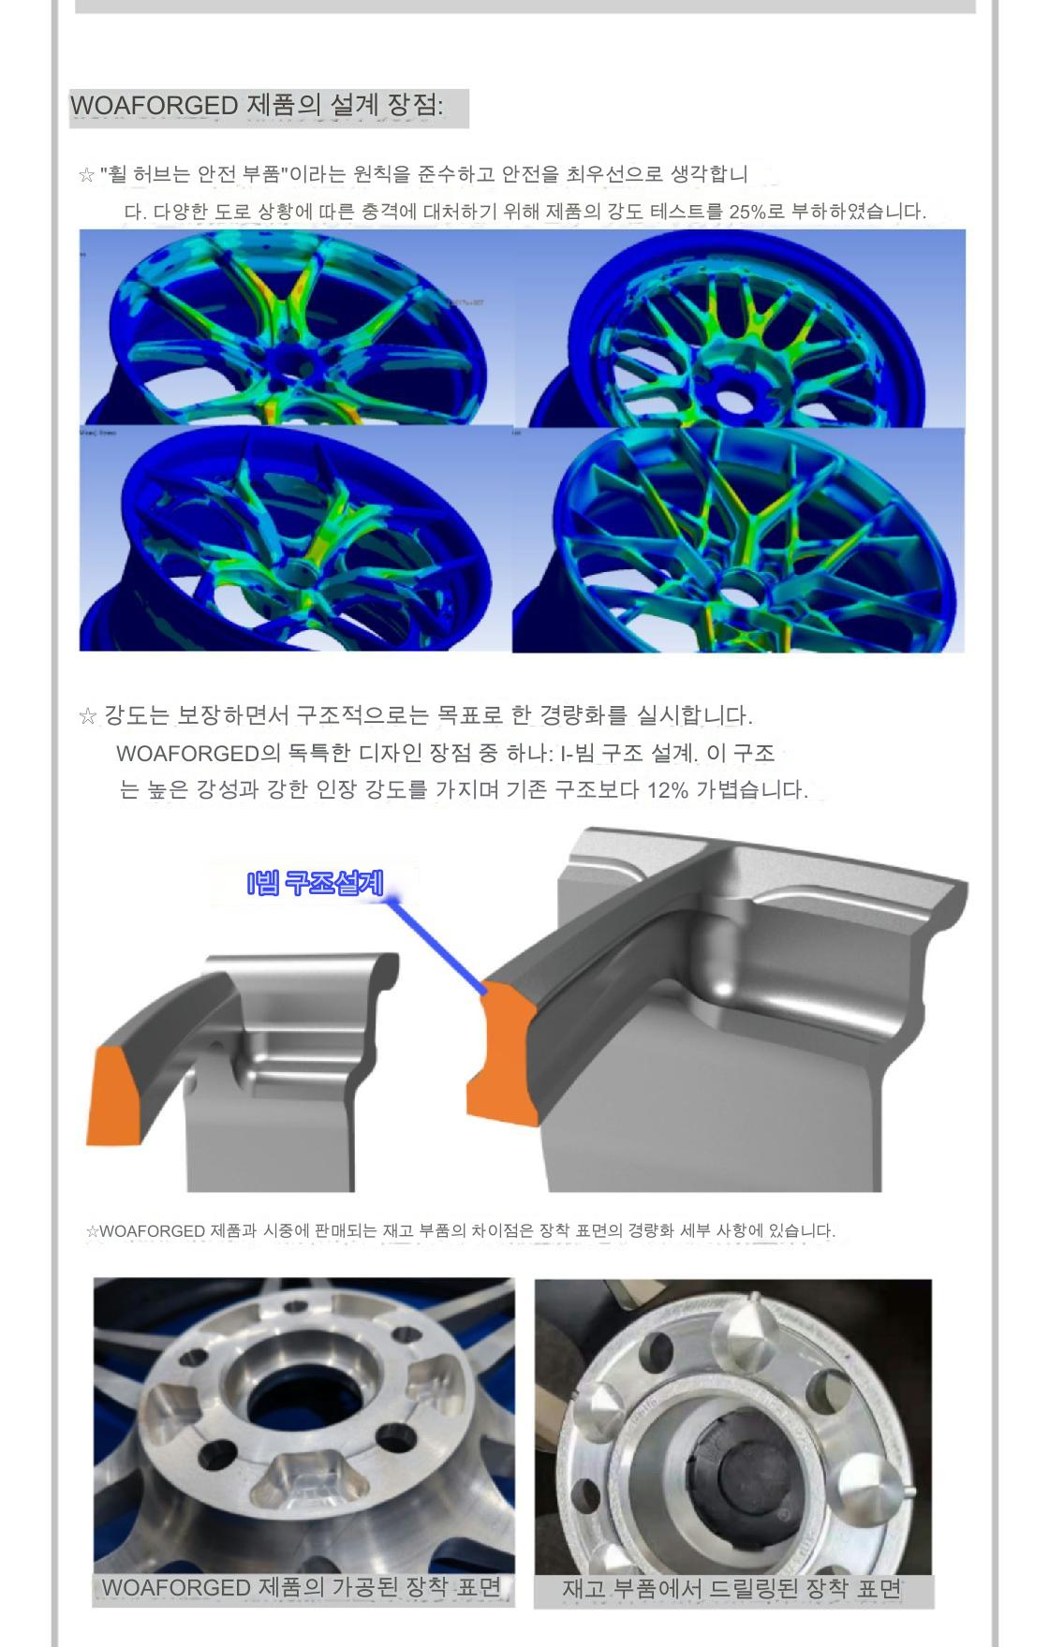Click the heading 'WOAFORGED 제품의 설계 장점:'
(257, 105)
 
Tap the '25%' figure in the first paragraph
(747, 212)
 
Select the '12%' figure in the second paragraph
(667, 789)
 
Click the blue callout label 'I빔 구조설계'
(315, 883)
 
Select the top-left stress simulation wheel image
(295, 328)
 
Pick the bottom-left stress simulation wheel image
(295, 539)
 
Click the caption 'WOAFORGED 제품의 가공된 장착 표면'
(302, 1587)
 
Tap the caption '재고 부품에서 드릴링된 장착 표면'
(731, 1588)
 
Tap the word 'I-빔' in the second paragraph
(579, 753)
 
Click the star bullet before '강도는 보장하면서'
(88, 716)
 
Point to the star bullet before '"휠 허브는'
(87, 175)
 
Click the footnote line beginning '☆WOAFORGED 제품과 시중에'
(460, 1230)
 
